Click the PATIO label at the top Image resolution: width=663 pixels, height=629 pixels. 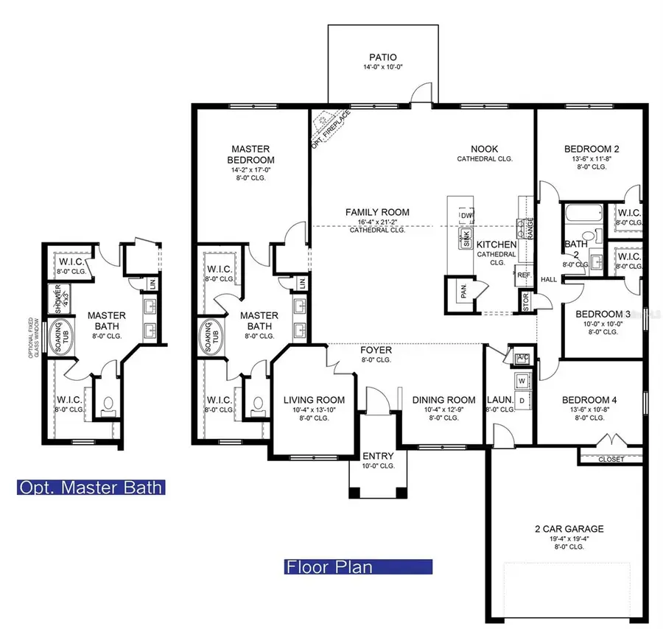[383, 57]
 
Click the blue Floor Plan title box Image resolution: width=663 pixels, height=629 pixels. [358, 567]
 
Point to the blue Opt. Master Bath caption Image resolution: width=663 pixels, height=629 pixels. [91, 487]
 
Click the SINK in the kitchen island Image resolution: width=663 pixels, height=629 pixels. [466, 237]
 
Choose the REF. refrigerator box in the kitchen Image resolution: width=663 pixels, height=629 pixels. [524, 275]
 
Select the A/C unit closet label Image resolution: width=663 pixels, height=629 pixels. [523, 357]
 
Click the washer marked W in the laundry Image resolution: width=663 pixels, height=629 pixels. [522, 382]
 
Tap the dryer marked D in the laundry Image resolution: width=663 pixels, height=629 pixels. [522, 401]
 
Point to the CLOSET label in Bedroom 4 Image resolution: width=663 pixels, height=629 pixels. [611, 459]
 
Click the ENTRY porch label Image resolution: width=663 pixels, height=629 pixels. [378, 457]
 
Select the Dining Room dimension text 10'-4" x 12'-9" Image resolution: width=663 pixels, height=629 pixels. [443, 410]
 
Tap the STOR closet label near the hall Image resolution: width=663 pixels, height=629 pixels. [525, 301]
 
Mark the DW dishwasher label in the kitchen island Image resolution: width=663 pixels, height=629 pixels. [466, 216]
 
